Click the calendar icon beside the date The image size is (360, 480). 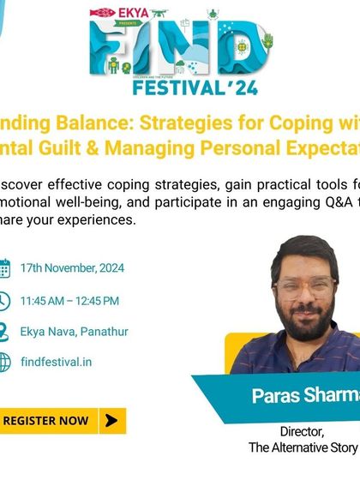pyautogui.click(x=3, y=268)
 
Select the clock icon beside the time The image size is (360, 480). pyautogui.click(x=3, y=300)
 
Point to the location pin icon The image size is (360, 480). pyautogui.click(x=3, y=331)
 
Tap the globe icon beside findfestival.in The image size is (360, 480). pyautogui.click(x=3, y=362)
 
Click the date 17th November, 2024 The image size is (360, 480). pyautogui.click(x=73, y=268)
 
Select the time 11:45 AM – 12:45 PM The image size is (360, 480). pyautogui.click(x=69, y=300)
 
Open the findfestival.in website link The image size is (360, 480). pyautogui.click(x=57, y=362)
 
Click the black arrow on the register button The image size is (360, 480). pyautogui.click(x=110, y=420)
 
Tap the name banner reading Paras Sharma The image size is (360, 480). pyautogui.click(x=300, y=396)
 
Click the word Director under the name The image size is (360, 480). pyautogui.click(x=301, y=431)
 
